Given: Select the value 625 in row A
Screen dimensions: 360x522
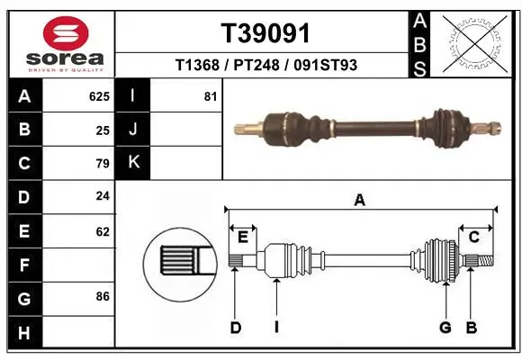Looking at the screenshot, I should pyautogui.click(x=99, y=95).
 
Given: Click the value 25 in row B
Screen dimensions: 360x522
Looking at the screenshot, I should pyautogui.click(x=103, y=130).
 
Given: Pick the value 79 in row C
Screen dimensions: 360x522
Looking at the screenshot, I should pyautogui.click(x=103, y=164).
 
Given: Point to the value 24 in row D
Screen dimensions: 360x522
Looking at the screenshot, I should pyautogui.click(x=103, y=196).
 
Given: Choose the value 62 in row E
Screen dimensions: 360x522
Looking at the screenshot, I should pyautogui.click(x=103, y=231).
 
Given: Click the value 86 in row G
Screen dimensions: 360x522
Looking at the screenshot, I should pyautogui.click(x=103, y=295).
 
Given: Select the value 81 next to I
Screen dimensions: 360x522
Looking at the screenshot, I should pyautogui.click(x=211, y=95).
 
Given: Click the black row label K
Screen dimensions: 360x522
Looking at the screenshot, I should pyautogui.click(x=133, y=163).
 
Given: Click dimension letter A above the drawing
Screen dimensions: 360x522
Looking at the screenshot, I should pyautogui.click(x=359, y=201).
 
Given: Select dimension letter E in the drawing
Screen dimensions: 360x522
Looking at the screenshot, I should pyautogui.click(x=242, y=237).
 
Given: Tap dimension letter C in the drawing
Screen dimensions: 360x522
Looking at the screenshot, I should pyautogui.click(x=473, y=237).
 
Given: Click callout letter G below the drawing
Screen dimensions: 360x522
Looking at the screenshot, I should pyautogui.click(x=445, y=328).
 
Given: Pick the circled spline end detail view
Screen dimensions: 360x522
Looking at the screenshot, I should pyautogui.click(x=177, y=265).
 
